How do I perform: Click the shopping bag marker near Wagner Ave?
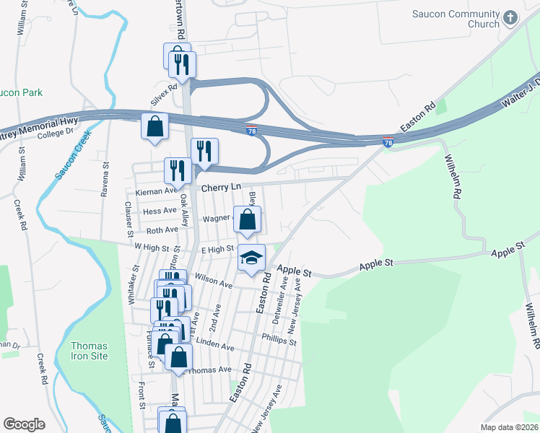pos(247,220)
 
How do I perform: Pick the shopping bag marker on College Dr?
pos(154,127)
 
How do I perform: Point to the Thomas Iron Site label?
pos(90,351)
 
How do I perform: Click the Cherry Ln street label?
pos(221,187)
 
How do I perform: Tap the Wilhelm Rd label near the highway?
pos(453,176)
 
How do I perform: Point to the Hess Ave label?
pos(160,211)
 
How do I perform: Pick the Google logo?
pos(24,424)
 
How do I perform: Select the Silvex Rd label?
pos(162,95)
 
